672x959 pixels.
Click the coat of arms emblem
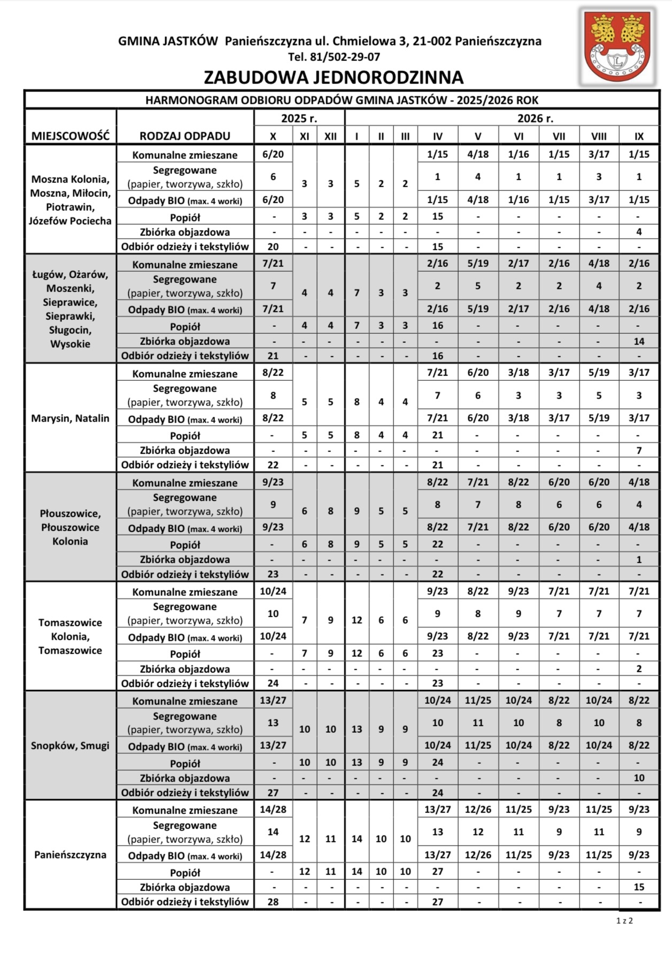tap(618, 47)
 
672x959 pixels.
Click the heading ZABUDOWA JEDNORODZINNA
tap(334, 78)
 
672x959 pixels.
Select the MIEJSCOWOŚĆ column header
tap(70, 136)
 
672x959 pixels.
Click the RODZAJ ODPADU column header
tap(185, 136)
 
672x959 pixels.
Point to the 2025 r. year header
tap(299, 118)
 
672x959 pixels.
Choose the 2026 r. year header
tap(535, 118)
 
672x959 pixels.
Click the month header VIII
tap(599, 136)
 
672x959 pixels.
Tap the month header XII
tap(330, 136)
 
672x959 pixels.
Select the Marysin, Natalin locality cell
tap(70, 418)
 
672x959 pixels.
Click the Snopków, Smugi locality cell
tap(70, 746)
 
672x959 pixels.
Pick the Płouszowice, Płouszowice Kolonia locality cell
tap(70, 527)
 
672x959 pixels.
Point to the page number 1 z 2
tap(624, 920)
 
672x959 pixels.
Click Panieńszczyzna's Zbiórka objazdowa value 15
tap(639, 887)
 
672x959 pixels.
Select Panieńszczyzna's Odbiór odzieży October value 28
tap(273, 902)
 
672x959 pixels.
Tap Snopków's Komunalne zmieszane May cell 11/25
tap(478, 700)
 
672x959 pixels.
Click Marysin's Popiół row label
tap(185, 435)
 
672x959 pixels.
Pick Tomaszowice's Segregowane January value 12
tap(357, 620)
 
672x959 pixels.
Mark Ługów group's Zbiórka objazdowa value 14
tap(639, 341)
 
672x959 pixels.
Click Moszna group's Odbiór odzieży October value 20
tap(273, 247)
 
